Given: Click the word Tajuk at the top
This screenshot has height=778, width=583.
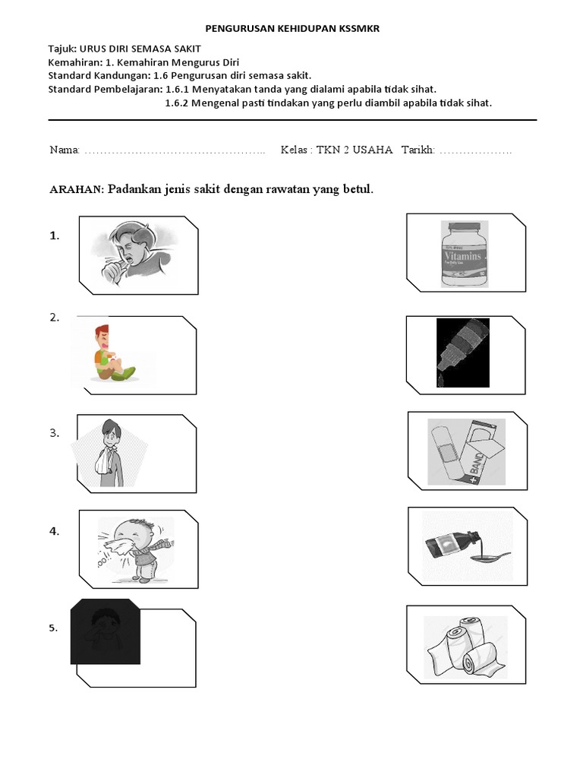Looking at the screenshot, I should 64,49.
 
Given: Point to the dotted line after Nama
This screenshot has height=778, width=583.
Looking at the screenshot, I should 175,150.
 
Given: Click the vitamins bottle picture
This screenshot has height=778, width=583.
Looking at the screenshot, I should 465,254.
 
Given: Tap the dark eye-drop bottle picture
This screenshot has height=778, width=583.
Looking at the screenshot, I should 462,353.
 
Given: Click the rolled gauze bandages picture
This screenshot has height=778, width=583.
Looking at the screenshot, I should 465,647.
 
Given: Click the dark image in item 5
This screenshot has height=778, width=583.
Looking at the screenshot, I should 106,631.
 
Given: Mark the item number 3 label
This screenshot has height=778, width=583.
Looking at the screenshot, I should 55,433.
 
